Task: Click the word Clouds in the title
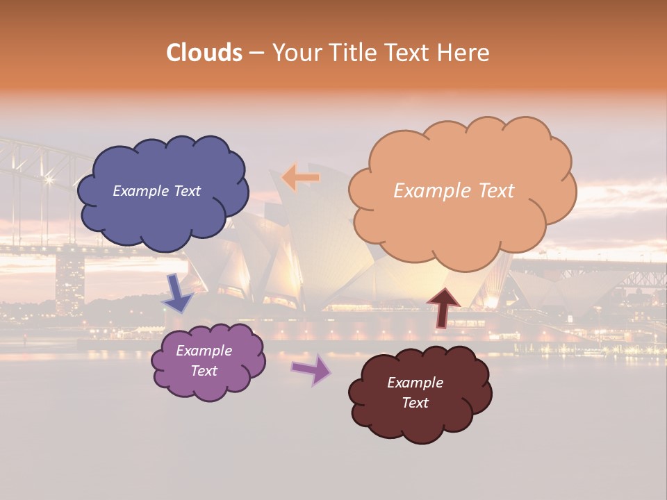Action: click(x=204, y=53)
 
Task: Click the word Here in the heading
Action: click(x=466, y=53)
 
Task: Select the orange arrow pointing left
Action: click(x=300, y=178)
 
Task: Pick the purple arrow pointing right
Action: click(x=311, y=369)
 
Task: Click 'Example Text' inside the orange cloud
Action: click(x=454, y=191)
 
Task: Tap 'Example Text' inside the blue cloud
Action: click(x=156, y=191)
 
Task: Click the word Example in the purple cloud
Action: click(x=204, y=351)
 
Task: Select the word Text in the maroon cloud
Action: click(x=415, y=403)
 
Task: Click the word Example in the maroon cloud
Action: click(x=415, y=383)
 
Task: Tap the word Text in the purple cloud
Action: click(x=204, y=371)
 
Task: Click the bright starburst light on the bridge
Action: click(x=49, y=181)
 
